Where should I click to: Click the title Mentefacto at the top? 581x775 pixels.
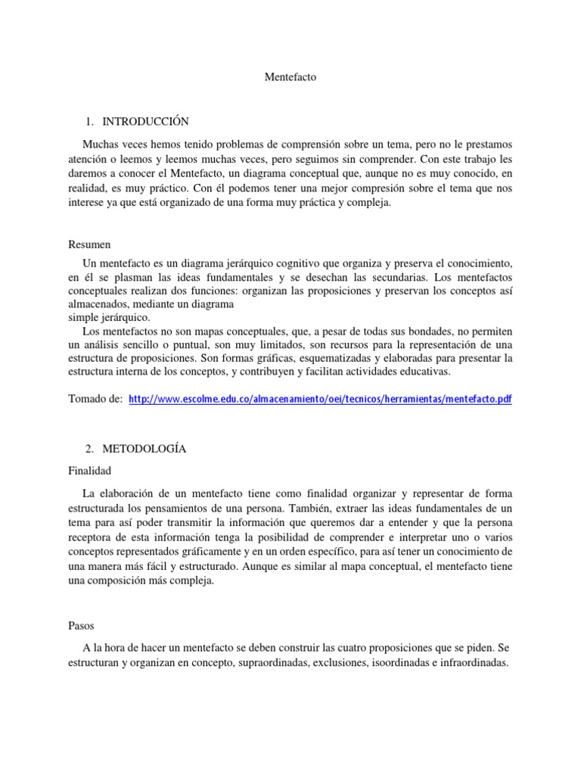(x=290, y=76)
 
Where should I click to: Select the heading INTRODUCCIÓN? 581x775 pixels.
(x=146, y=121)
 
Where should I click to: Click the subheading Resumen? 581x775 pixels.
(x=89, y=244)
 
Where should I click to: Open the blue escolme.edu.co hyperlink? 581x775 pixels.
(x=321, y=398)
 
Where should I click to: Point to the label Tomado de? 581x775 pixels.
(x=95, y=398)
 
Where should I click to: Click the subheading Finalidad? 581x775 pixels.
(x=90, y=469)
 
